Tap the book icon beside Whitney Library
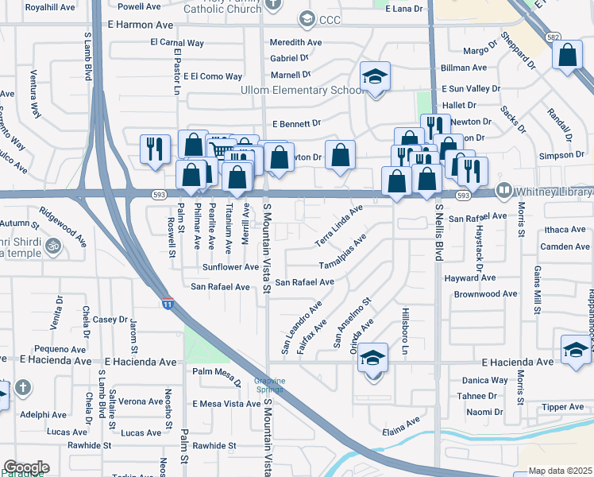point(503,191)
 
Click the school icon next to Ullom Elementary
point(376,76)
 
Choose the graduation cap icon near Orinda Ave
point(372,359)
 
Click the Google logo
point(26,467)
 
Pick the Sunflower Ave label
point(230,267)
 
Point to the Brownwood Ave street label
point(486,294)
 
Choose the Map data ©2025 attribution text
point(561,471)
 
